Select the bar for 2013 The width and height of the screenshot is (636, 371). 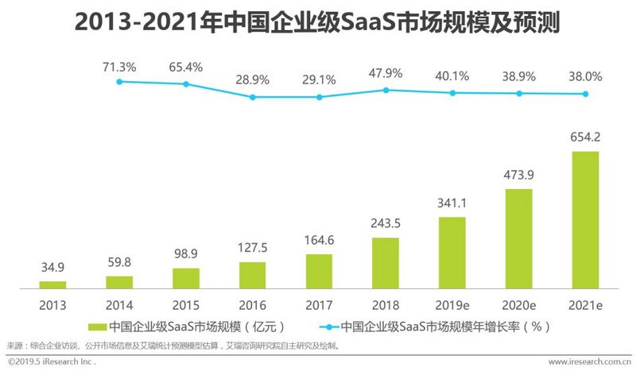pyautogui.click(x=52, y=284)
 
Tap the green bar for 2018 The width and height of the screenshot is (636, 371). pyautogui.click(x=386, y=262)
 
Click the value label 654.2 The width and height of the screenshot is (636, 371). pyautogui.click(x=585, y=137)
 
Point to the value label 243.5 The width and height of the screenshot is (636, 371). pyautogui.click(x=386, y=224)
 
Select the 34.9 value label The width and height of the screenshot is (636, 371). pyautogui.click(x=52, y=268)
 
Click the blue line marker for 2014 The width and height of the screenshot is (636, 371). pyautogui.click(x=119, y=81)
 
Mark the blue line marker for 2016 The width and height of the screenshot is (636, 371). pyautogui.click(x=253, y=97)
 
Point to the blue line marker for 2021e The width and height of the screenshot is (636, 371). pyautogui.click(x=585, y=94)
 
